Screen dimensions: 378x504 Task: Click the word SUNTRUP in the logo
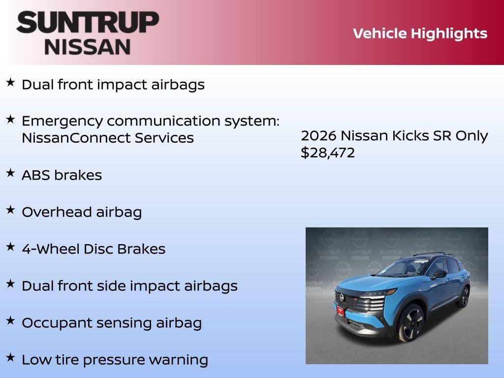tap(88, 22)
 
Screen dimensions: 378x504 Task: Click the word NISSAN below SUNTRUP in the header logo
tap(88, 46)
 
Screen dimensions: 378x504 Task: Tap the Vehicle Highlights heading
tap(420, 33)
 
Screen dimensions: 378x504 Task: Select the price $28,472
tap(327, 153)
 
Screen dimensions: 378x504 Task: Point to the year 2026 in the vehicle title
tap(318, 136)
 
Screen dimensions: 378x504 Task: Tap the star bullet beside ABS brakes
tap(10, 173)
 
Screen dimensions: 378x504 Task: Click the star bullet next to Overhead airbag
tap(10, 210)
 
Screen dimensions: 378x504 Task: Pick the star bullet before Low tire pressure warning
tap(10, 357)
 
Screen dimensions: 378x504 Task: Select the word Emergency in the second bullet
tap(63, 121)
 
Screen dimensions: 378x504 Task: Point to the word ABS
tap(35, 175)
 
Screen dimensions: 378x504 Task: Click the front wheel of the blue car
tap(410, 322)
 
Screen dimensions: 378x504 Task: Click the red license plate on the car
tap(340, 311)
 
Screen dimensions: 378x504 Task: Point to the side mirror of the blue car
tap(440, 274)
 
